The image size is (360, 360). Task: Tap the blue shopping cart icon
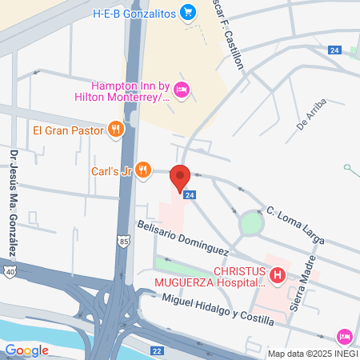[x=188, y=12]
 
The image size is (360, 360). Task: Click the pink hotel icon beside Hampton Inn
[x=181, y=90]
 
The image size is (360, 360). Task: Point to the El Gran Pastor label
[x=68, y=129]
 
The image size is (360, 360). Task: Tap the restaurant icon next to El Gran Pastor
[x=116, y=129]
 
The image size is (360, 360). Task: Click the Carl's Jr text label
[x=110, y=169]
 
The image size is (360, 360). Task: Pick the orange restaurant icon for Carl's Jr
[x=142, y=169]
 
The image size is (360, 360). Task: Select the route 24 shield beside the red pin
[x=190, y=194]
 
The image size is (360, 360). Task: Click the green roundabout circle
[x=252, y=222]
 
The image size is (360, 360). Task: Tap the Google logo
[x=26, y=350]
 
